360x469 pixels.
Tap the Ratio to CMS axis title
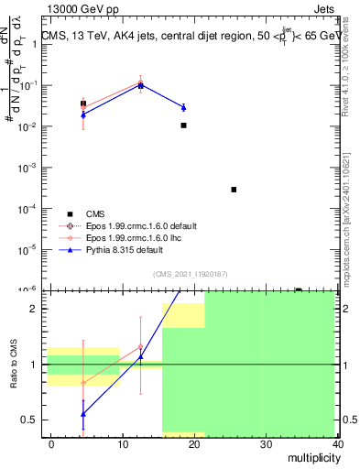click(13, 364)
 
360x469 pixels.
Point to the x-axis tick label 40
click(339, 443)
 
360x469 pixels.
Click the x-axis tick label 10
click(123, 443)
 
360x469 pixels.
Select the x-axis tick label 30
click(267, 443)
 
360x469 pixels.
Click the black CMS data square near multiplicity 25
click(235, 190)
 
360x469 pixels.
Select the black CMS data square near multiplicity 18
click(184, 125)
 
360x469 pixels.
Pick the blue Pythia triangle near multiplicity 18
click(183, 108)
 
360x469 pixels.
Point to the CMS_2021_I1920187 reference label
click(190, 275)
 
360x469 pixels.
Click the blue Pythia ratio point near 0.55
click(83, 414)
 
